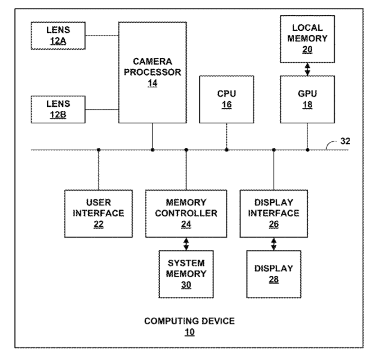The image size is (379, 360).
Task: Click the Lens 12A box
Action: pos(58,36)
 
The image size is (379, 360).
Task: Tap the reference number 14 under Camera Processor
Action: pos(153,83)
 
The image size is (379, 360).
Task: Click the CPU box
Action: pos(226,99)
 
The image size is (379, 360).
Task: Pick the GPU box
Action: pos(308,99)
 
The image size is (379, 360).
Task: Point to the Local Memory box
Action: pos(308,39)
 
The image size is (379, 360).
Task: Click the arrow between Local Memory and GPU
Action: pos(308,69)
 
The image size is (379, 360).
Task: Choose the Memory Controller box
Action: pos(186,213)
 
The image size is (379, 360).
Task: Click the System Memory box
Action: pos(186,274)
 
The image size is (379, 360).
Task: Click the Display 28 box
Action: pos(273,274)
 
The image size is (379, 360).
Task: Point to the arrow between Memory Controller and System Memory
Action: pos(186,243)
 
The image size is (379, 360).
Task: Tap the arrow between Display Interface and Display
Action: pos(273,243)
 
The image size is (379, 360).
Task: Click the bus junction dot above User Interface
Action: pos(98,150)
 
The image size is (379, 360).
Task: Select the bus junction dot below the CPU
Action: pos(226,150)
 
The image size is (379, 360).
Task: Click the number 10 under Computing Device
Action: pos(189,332)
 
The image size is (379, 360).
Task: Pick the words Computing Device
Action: pos(189,321)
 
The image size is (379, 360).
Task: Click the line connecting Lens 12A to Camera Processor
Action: pos(102,35)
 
